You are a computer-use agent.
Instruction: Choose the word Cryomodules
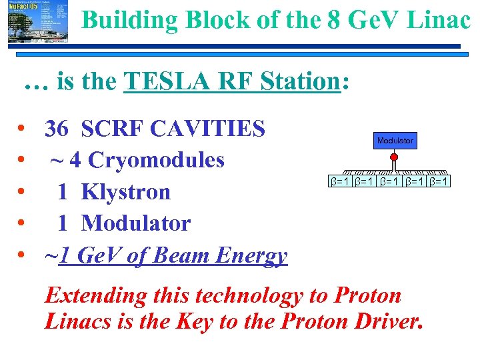point(157,160)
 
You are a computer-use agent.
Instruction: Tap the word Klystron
point(126,192)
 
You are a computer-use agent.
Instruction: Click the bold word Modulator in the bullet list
point(136,223)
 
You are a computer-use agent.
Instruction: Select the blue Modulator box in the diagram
point(395,141)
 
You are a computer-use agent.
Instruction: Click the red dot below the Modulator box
point(394,158)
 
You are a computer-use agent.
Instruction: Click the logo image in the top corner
point(29,22)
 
